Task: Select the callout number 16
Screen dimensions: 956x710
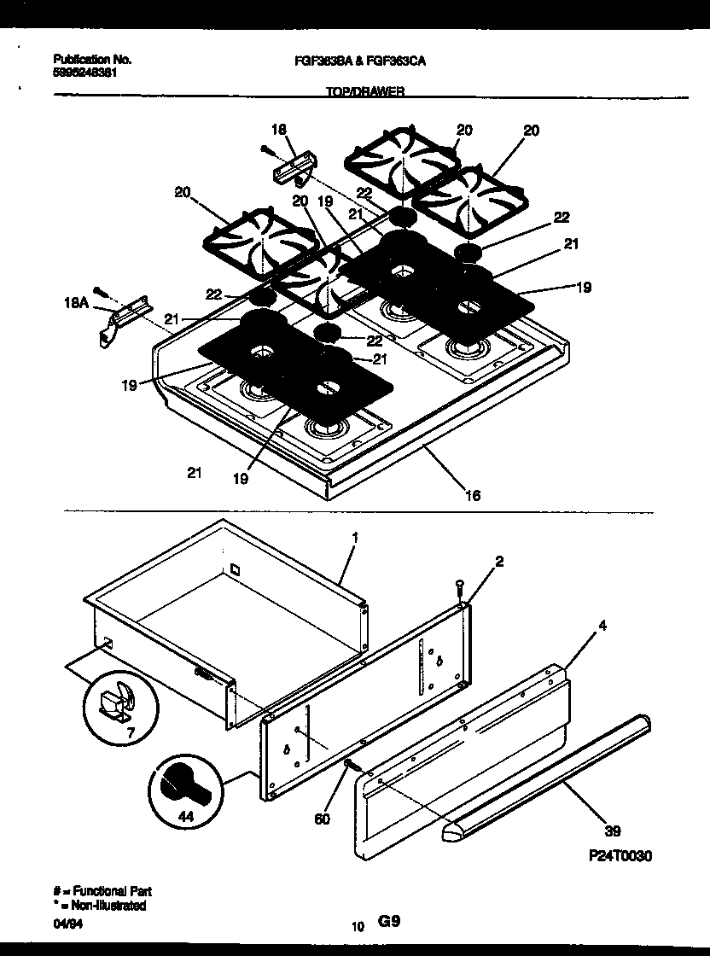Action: click(473, 494)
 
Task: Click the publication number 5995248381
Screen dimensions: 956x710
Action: click(84, 73)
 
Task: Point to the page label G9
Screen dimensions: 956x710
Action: click(388, 922)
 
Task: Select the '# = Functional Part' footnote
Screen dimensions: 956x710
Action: click(102, 890)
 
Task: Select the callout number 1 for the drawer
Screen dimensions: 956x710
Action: click(355, 538)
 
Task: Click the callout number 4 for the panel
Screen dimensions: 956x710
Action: click(603, 626)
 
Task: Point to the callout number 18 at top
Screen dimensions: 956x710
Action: click(278, 129)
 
